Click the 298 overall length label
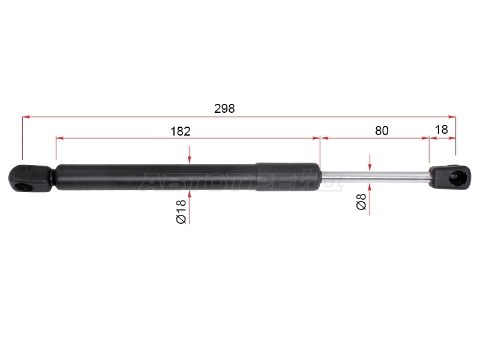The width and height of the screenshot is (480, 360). [224, 109]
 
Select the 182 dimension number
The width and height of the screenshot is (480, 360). [181, 131]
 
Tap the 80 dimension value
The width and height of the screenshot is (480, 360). [382, 131]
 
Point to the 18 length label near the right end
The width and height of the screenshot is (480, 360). [442, 130]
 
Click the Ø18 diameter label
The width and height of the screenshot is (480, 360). [181, 211]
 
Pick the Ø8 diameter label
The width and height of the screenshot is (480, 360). [362, 202]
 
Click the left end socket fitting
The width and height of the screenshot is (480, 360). [29, 178]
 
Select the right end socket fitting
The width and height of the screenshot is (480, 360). [449, 177]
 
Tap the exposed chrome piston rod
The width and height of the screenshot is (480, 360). [374, 178]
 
